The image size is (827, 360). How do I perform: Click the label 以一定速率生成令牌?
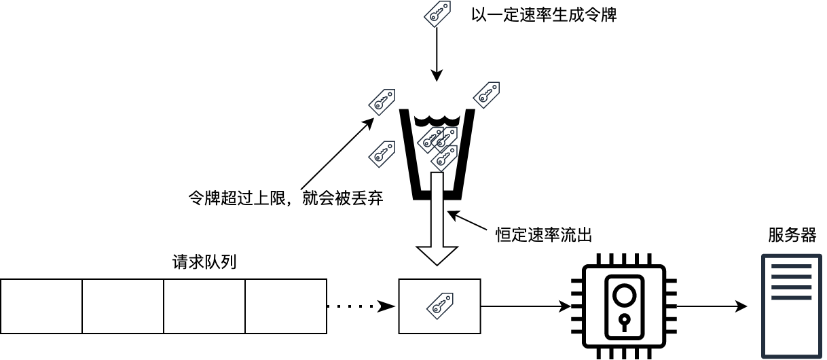tap(543, 15)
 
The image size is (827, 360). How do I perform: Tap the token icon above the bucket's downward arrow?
tap(437, 14)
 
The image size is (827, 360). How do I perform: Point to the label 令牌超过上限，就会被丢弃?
tap(285, 199)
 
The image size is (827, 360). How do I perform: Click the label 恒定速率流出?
tap(544, 235)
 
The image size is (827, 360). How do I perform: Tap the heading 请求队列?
tap(204, 262)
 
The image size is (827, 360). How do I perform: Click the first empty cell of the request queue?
tap(41, 306)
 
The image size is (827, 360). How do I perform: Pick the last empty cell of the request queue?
tap(286, 306)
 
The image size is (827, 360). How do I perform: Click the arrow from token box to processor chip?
tap(526, 306)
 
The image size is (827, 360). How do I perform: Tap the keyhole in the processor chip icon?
tap(623, 319)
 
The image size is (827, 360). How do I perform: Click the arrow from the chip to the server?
tap(712, 306)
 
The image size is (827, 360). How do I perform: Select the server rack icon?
tap(791, 306)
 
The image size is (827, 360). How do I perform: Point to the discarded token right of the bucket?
tap(486, 94)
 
